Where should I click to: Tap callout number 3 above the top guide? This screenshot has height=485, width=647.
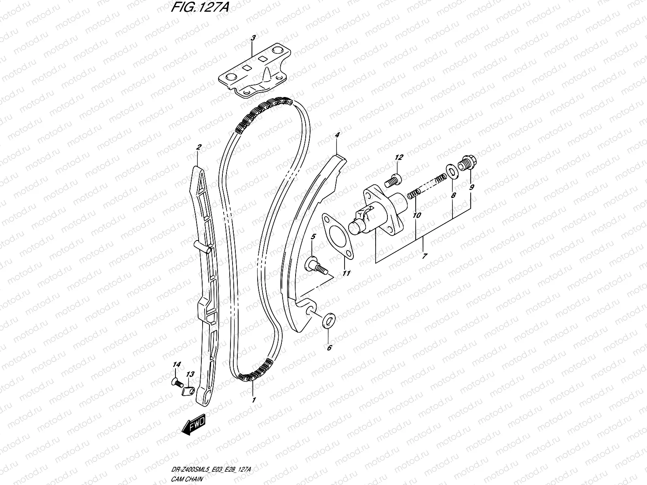(x=253, y=38)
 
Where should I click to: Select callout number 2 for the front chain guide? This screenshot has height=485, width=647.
(x=198, y=148)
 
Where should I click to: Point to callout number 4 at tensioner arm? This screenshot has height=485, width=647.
(x=337, y=135)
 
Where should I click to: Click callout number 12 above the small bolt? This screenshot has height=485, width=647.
(x=399, y=157)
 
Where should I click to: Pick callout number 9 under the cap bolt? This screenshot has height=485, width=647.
(x=472, y=187)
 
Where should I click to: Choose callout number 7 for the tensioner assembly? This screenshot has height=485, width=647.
(x=424, y=256)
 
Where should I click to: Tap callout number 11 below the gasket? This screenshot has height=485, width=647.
(x=346, y=274)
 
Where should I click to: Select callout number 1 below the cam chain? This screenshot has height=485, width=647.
(x=254, y=400)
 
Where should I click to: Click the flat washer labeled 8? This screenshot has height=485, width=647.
(x=451, y=171)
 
